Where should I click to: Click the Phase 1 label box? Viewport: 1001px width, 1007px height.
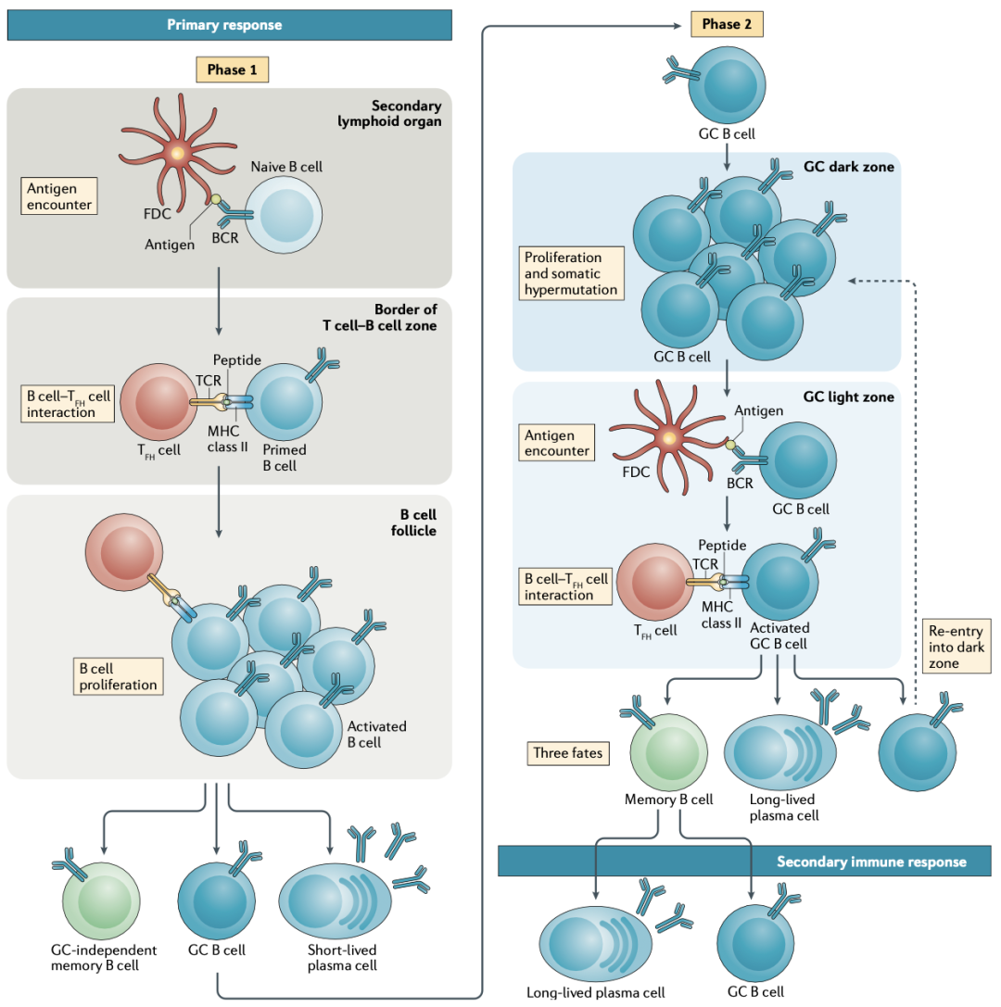pyautogui.click(x=232, y=69)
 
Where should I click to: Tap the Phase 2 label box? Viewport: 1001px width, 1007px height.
pyautogui.click(x=727, y=24)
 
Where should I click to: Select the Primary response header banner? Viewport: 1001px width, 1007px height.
pyautogui.click(x=229, y=25)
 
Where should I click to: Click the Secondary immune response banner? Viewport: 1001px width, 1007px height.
pyautogui.click(x=744, y=862)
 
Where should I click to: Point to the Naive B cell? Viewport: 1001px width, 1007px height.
pyautogui.click(x=284, y=215)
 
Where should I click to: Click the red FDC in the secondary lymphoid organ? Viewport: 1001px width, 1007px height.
pyautogui.click(x=177, y=154)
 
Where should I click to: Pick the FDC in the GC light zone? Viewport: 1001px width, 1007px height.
pyautogui.click(x=668, y=438)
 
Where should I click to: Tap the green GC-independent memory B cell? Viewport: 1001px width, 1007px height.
pyautogui.click(x=101, y=901)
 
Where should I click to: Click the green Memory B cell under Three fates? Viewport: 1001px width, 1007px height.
pyautogui.click(x=668, y=752)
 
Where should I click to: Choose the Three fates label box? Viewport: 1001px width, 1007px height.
pyautogui.click(x=568, y=752)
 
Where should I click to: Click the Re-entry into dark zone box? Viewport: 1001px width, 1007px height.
pyautogui.click(x=956, y=646)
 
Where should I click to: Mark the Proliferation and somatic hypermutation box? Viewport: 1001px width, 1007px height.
pyautogui.click(x=571, y=273)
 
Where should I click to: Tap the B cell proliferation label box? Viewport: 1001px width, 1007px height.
pyautogui.click(x=119, y=676)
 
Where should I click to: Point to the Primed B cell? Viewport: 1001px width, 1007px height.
pyautogui.click(x=284, y=402)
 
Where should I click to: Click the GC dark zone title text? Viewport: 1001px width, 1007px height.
pyautogui.click(x=849, y=167)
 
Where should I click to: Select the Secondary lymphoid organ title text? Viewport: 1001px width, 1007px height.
pyautogui.click(x=390, y=114)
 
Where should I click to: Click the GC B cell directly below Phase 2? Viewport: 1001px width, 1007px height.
pyautogui.click(x=727, y=85)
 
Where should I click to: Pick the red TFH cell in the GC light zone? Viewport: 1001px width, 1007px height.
pyautogui.click(x=655, y=583)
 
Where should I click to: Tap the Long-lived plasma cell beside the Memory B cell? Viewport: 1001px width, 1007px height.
pyautogui.click(x=780, y=752)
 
